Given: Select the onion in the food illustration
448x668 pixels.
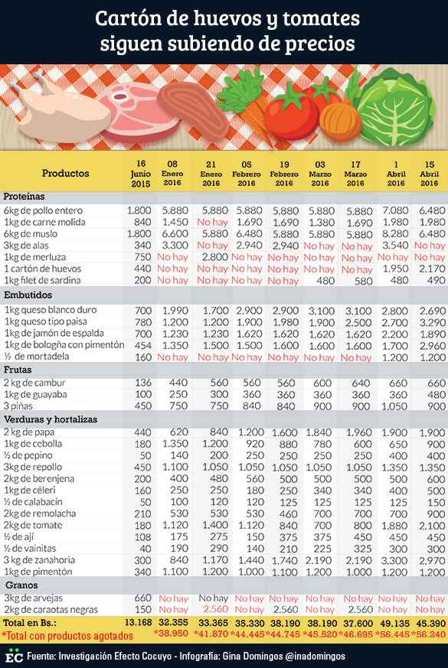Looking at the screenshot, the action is coord(340,122).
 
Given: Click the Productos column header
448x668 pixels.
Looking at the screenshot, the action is coord(66,174).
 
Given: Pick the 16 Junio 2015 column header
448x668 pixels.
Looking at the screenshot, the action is coord(141,174).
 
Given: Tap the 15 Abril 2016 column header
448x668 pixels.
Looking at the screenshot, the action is coord(430,174).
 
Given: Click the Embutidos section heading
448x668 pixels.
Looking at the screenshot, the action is coord(28,295).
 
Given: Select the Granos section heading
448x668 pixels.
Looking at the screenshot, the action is coord(21,585).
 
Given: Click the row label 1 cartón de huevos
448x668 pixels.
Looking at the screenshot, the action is coord(43,269).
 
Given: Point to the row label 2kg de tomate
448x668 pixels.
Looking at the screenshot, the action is coord(33,525).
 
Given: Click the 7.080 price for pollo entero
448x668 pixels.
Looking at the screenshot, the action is coord(395,210).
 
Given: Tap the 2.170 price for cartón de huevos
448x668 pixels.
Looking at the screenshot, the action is coord(432,269).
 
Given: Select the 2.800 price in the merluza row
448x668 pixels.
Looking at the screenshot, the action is coord(215,257).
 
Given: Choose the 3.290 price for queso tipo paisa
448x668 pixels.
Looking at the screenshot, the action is coord(432,322).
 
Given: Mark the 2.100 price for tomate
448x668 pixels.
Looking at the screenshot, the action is coord(432,525).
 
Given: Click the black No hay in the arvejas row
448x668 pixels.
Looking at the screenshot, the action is coord(213,598).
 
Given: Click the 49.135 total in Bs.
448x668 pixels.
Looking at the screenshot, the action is coord(393,624).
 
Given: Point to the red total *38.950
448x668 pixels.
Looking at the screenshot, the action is coord(171,634).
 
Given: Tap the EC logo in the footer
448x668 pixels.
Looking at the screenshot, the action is coord(14,656).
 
